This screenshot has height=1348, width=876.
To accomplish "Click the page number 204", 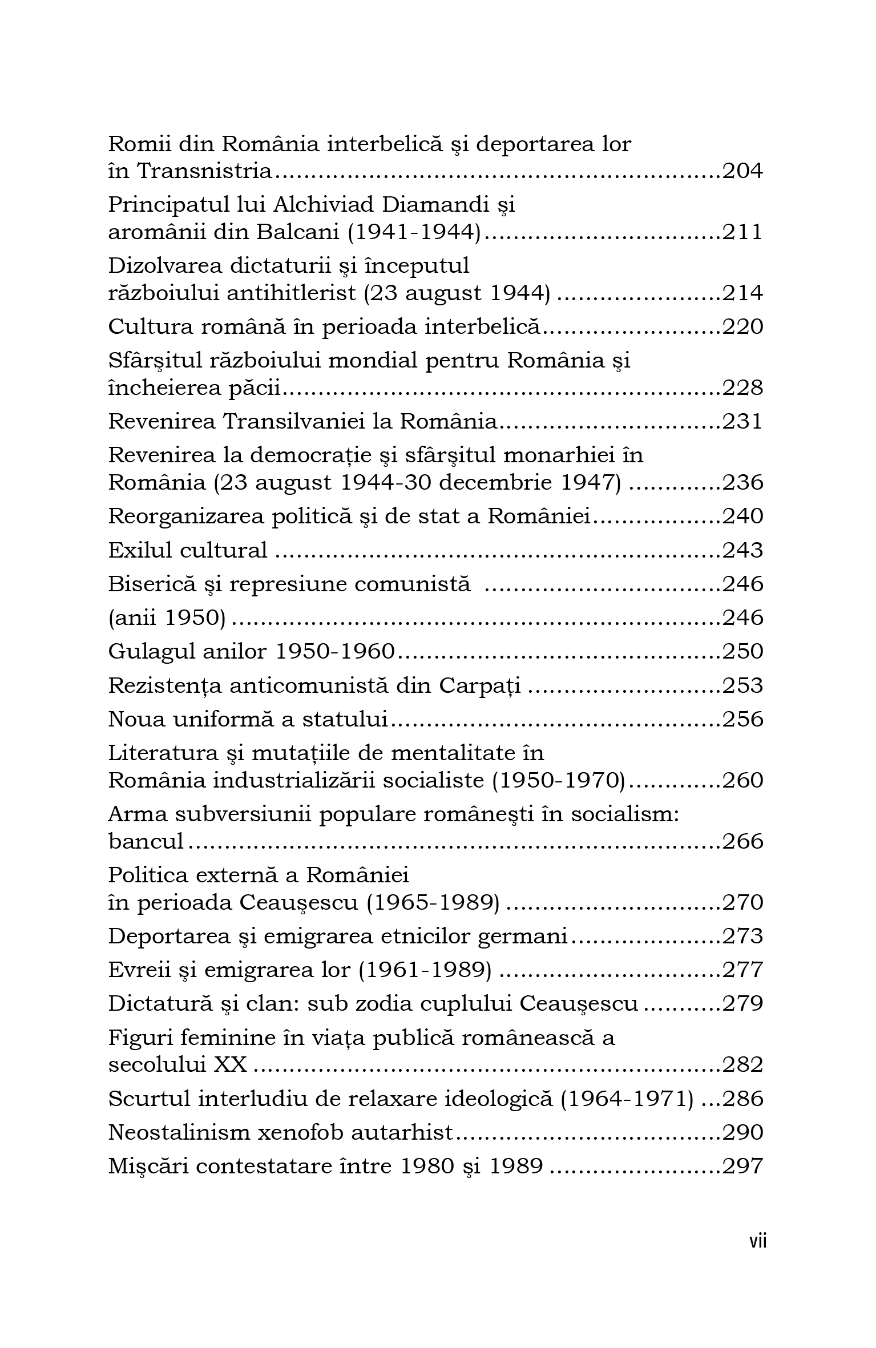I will tap(742, 171).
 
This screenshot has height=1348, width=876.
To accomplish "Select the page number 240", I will tap(742, 516).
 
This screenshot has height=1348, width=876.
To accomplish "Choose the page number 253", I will tap(742, 685).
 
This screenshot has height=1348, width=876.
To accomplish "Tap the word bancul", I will tap(146, 841).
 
